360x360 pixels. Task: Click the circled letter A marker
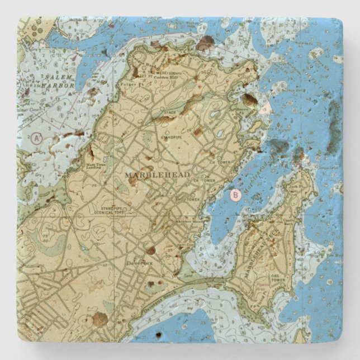click(x=37, y=138)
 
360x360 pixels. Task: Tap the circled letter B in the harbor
click(x=235, y=195)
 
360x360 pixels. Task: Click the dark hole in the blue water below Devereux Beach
click(x=158, y=335)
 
